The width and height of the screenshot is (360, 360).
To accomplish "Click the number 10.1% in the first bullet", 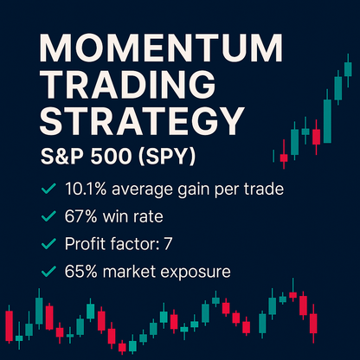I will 85,189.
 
